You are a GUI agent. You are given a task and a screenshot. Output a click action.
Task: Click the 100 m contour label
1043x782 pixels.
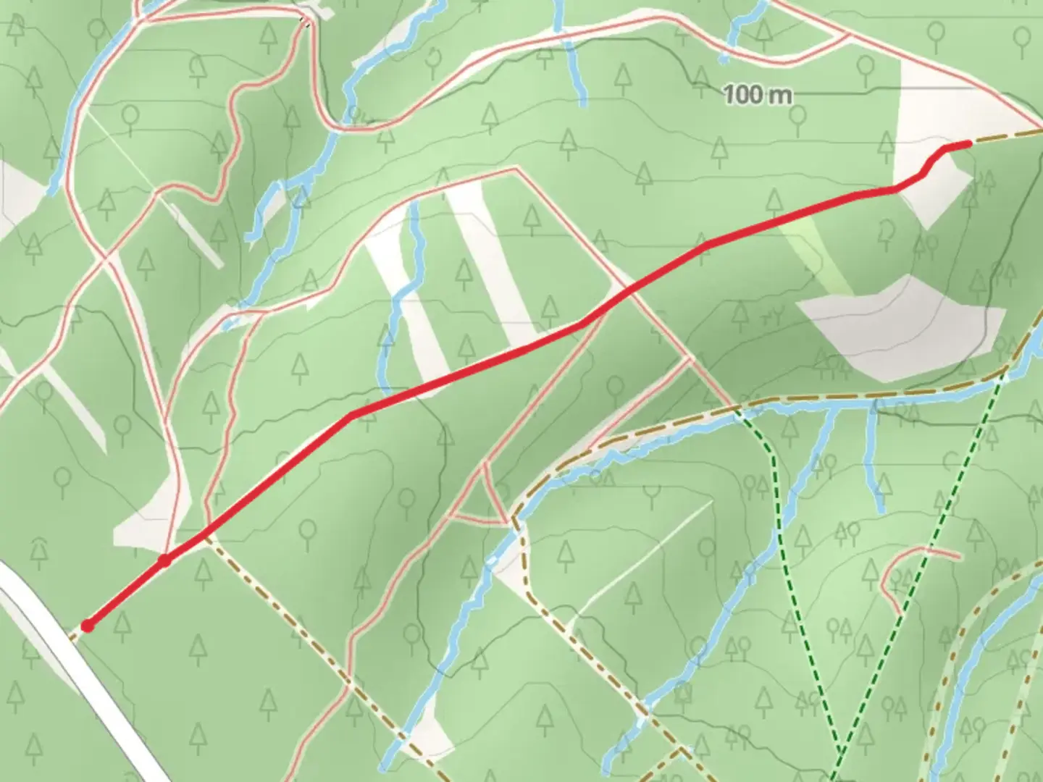click(758, 94)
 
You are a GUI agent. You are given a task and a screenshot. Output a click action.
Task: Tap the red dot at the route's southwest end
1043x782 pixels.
click(88, 626)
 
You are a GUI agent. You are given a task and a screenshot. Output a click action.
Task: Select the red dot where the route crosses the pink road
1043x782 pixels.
click(165, 560)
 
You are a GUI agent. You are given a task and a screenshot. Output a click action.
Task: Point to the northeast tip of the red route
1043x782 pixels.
click(968, 144)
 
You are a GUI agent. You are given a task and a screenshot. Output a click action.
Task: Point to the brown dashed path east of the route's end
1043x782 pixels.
click(1007, 137)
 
